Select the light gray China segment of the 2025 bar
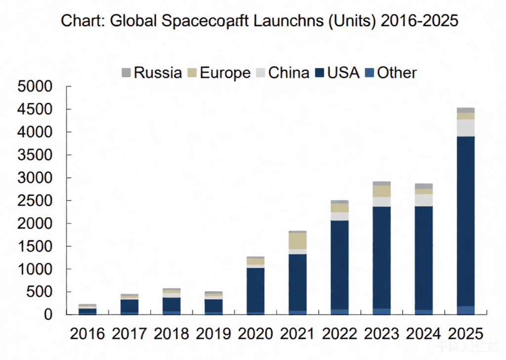pos(465,128)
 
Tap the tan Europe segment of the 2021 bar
pos(297,241)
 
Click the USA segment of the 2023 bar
pos(381,257)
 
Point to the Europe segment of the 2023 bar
pos(381,191)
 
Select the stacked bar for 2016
pos(87,310)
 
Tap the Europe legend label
pos(225,73)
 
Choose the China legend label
pos(289,73)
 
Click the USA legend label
pos(343,73)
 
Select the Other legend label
pos(397,73)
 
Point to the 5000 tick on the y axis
pos(35,87)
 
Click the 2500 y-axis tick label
pos(35,201)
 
